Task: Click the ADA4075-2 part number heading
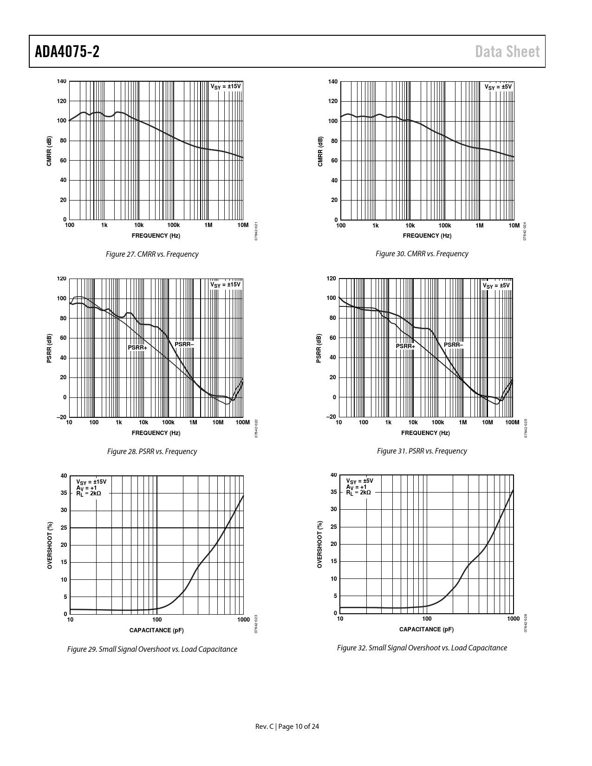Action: (67, 52)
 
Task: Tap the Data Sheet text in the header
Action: (507, 52)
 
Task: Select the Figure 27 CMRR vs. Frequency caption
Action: (152, 254)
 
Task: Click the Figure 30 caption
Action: (422, 253)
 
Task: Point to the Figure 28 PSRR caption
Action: (152, 451)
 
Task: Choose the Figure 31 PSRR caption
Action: (422, 451)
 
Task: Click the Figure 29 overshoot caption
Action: (152, 649)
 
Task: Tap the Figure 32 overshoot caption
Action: (422, 648)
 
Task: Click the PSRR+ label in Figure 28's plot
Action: (137, 347)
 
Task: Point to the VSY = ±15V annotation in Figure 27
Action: (226, 86)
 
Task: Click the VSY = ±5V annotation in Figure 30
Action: (498, 87)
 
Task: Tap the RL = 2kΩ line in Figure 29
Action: (88, 493)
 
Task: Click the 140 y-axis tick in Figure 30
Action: (332, 82)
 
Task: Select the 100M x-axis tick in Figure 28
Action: (242, 422)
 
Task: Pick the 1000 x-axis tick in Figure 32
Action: (513, 618)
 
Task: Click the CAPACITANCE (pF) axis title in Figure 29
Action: (156, 630)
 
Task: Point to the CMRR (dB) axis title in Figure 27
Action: (49, 151)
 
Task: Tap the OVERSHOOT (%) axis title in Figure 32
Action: (319, 545)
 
